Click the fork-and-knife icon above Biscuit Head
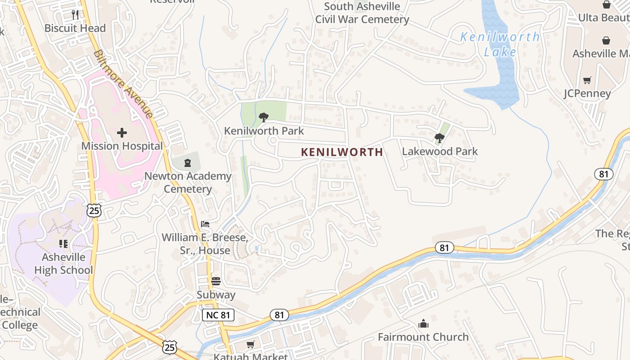(75, 15)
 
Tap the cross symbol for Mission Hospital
(122, 133)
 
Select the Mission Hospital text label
(122, 146)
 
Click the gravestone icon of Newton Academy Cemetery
(188, 162)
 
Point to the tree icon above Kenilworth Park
(264, 118)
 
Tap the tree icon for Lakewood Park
(440, 138)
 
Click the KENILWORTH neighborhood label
(342, 152)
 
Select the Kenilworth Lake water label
(500, 44)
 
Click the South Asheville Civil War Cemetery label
(362, 13)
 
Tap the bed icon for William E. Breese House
(205, 224)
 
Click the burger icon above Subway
(216, 282)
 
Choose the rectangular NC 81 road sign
(218, 315)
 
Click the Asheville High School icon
(63, 243)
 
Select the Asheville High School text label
(63, 264)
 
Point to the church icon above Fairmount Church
(423, 324)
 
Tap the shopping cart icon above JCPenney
(587, 81)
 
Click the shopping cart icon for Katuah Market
(251, 345)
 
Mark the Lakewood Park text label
(440, 152)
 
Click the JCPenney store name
(587, 94)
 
